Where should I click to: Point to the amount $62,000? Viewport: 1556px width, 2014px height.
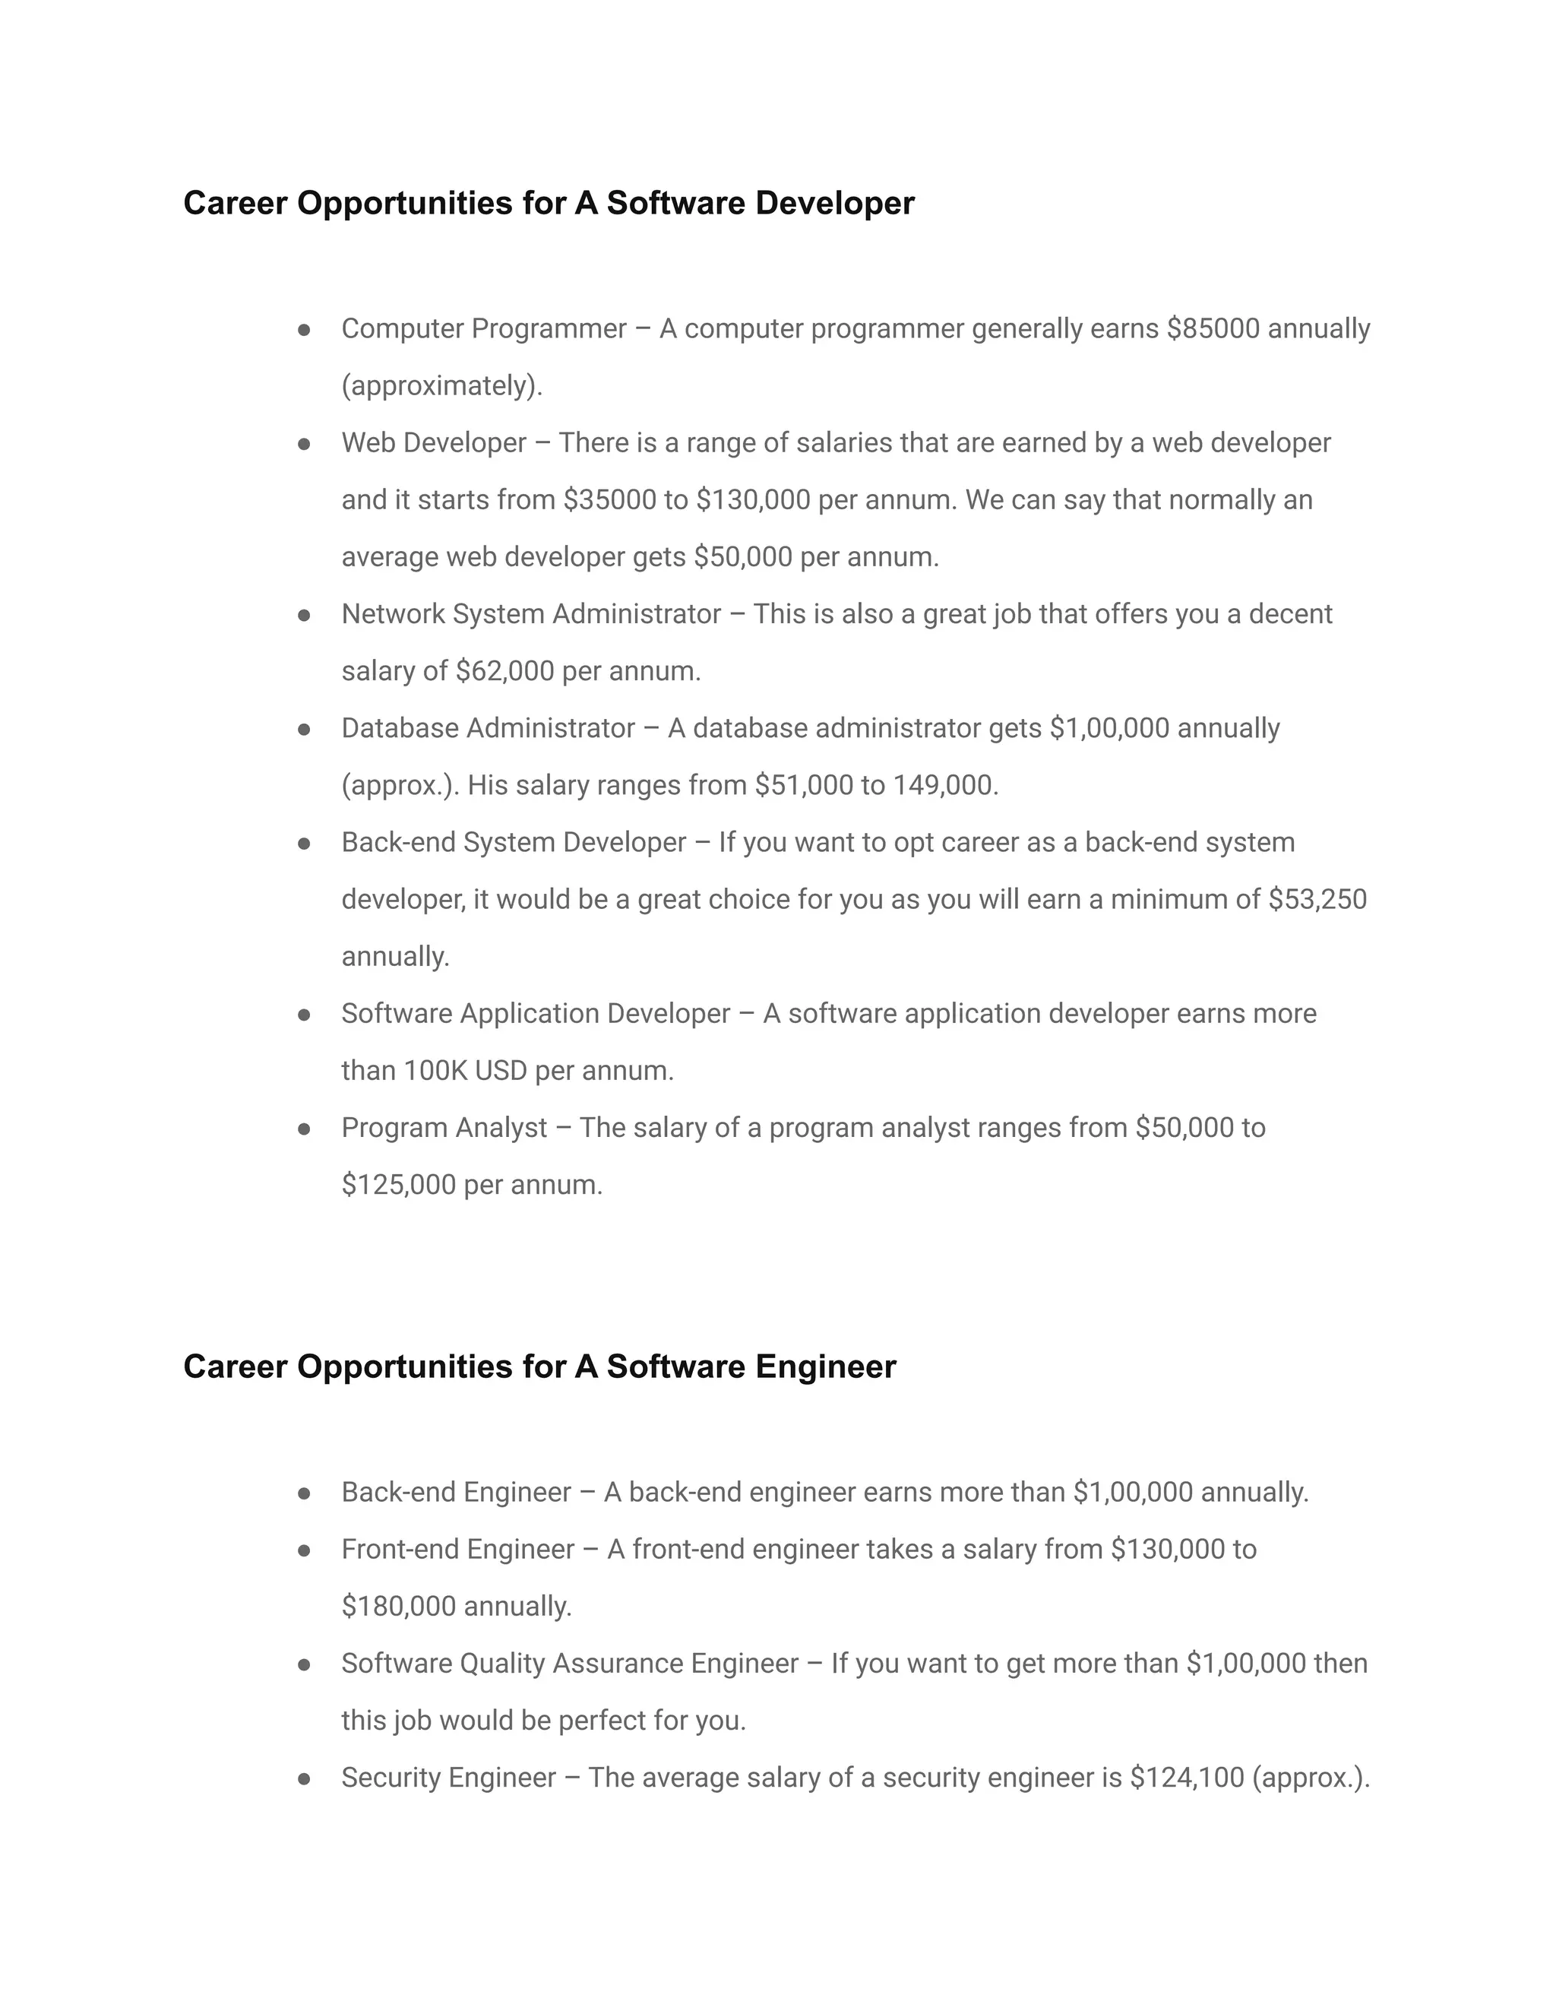pos(504,671)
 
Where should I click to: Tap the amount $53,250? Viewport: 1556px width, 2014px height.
pos(1317,899)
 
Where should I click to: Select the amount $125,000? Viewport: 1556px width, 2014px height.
pos(398,1185)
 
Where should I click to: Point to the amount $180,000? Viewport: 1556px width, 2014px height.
pos(398,1607)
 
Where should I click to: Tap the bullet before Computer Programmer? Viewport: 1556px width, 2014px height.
pos(304,329)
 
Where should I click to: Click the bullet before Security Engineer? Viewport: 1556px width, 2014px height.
pos(304,1778)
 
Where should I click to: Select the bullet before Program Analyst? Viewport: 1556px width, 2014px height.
pos(304,1129)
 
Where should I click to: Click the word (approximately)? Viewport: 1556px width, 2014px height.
pos(441,386)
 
